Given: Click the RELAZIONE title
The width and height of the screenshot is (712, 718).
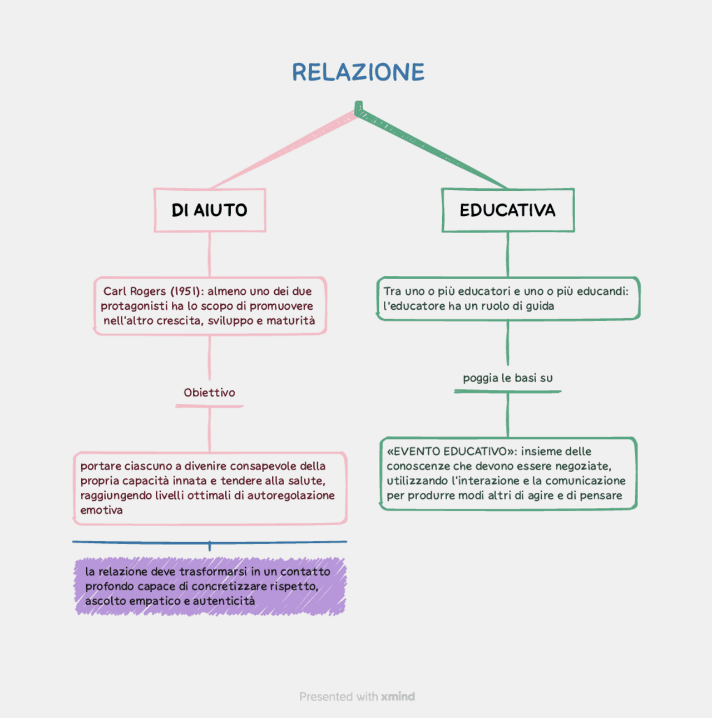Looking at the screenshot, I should tap(358, 72).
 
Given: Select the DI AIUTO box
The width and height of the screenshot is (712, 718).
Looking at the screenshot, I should tap(210, 210).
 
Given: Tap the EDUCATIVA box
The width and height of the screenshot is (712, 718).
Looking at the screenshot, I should tap(507, 210).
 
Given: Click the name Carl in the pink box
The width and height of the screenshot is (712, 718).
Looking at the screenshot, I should tap(115, 291).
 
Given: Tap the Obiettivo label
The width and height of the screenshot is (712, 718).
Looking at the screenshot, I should tap(210, 393).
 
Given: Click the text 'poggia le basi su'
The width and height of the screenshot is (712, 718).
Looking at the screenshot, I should tap(507, 378).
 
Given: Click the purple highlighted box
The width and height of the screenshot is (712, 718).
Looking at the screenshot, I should tap(210, 587).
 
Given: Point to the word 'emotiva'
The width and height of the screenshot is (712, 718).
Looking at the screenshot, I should tap(101, 511).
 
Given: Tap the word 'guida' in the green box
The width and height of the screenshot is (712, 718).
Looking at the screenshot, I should tap(540, 306).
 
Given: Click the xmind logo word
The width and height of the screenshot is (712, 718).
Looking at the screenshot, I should tap(398, 697).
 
